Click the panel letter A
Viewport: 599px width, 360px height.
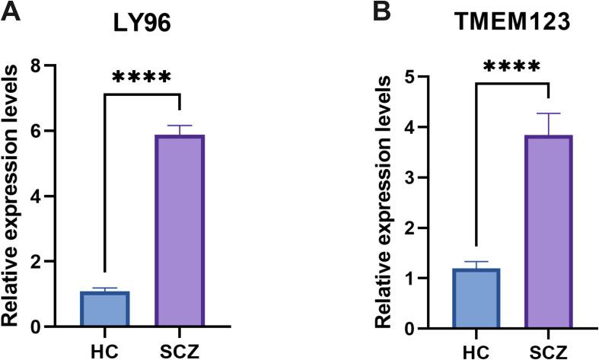coord(10,13)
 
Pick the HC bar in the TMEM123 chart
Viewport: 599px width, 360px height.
coord(474,298)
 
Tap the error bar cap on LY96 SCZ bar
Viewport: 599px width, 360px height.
coord(180,125)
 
